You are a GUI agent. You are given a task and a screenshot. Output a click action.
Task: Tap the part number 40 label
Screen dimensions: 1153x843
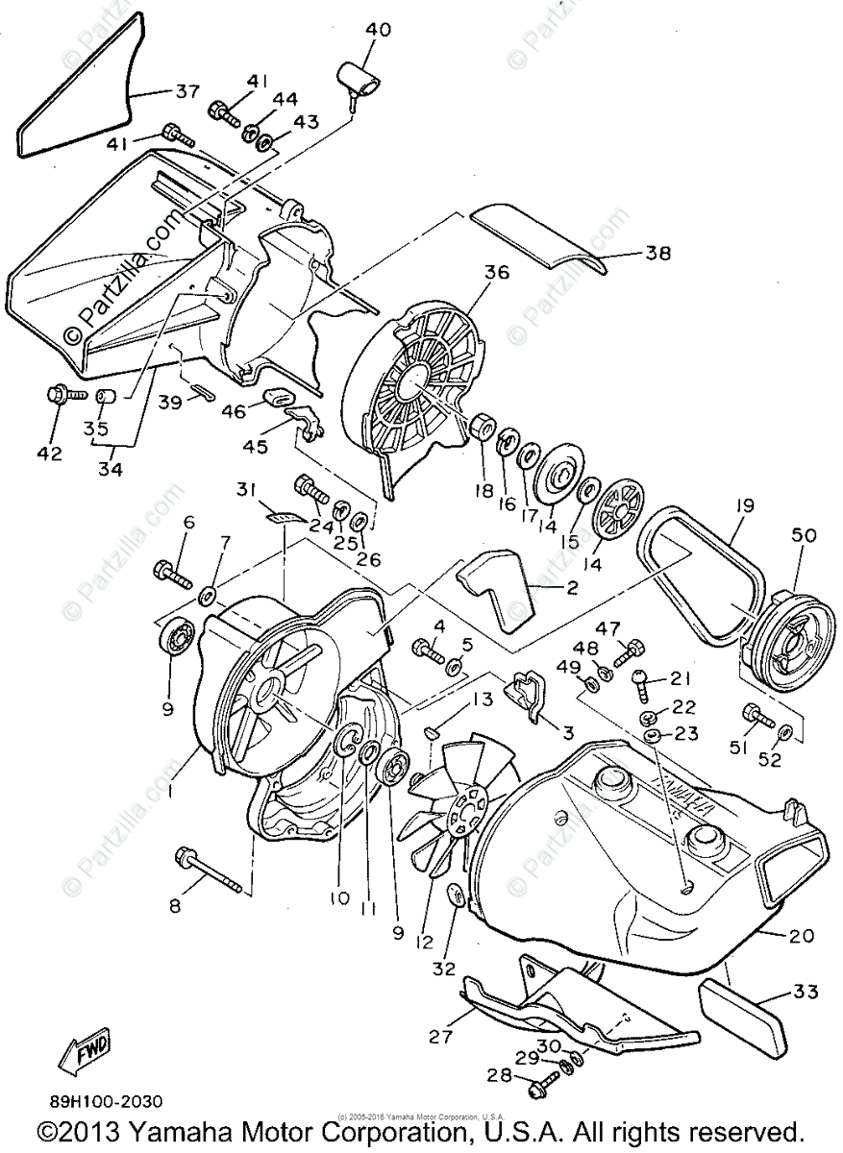pyautogui.click(x=378, y=31)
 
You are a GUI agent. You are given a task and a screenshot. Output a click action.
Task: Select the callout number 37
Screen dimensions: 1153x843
pyautogui.click(x=186, y=91)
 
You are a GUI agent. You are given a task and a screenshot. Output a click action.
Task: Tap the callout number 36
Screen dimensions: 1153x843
pyautogui.click(x=496, y=272)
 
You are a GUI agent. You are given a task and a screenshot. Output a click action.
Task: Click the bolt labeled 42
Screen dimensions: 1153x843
pyautogui.click(x=60, y=394)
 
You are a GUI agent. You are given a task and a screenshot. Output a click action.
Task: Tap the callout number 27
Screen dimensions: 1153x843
pyautogui.click(x=440, y=1036)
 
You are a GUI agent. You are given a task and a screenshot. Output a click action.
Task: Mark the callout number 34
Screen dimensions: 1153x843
pyautogui.click(x=112, y=470)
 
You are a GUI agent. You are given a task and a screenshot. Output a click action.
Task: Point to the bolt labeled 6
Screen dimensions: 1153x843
pyautogui.click(x=173, y=573)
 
